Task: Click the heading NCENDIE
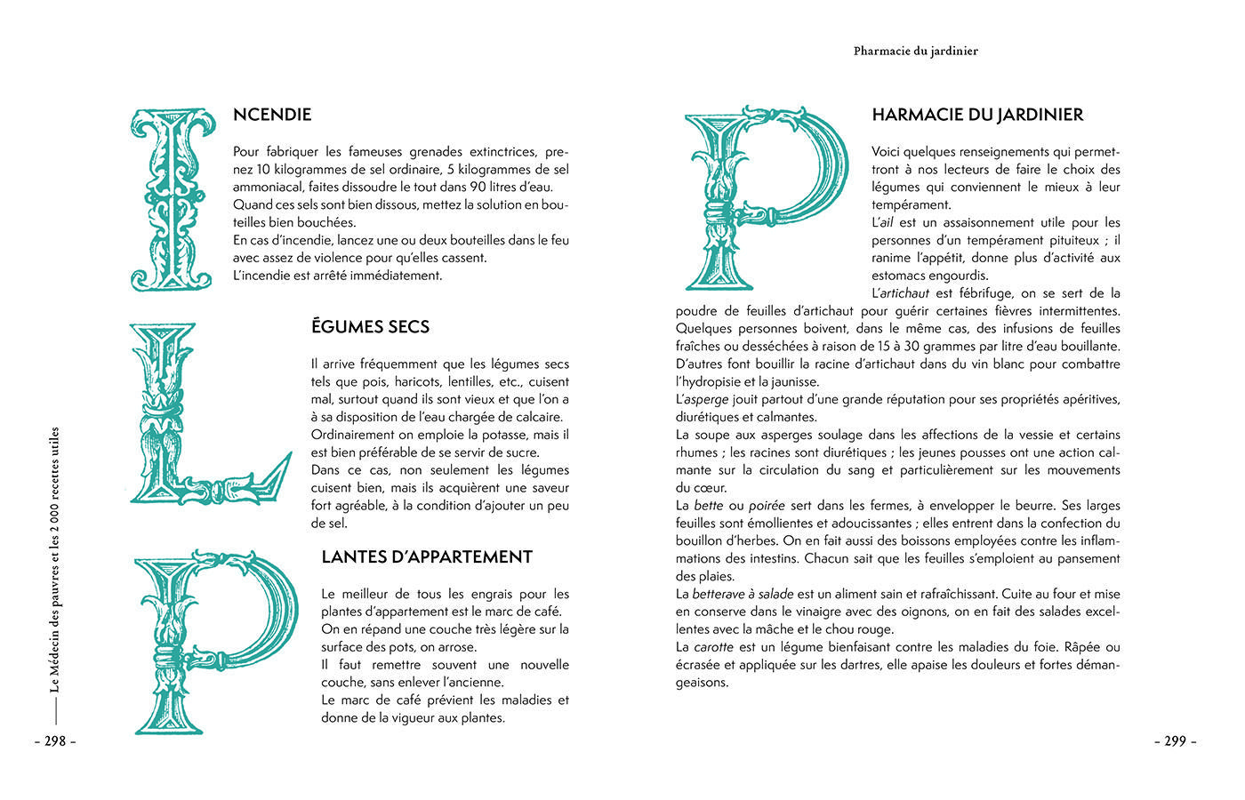pyautogui.click(x=272, y=115)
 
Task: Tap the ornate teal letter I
pyautogui.click(x=173, y=199)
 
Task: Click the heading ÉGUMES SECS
pyautogui.click(x=370, y=327)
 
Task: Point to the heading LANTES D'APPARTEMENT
pyautogui.click(x=427, y=557)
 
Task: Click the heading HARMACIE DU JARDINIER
pyautogui.click(x=977, y=115)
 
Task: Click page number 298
pyautogui.click(x=55, y=740)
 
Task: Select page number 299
pyautogui.click(x=1176, y=740)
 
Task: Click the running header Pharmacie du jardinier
pyautogui.click(x=915, y=51)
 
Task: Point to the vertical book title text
pyautogui.click(x=55, y=560)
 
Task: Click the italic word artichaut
pyautogui.click(x=904, y=293)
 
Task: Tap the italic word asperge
pyautogui.click(x=707, y=400)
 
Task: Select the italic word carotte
pyautogui.click(x=713, y=647)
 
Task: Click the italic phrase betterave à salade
pyautogui.click(x=743, y=594)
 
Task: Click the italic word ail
pyautogui.click(x=885, y=222)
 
